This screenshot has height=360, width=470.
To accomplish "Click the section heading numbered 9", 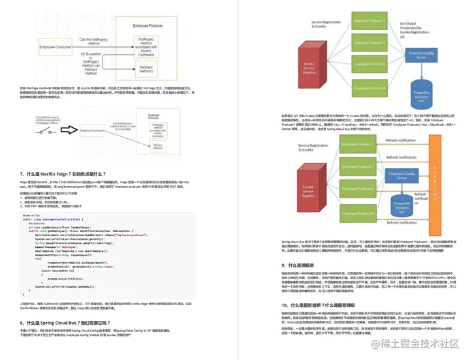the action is [x=304, y=265].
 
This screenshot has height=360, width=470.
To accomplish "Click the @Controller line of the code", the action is [x=32, y=215].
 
